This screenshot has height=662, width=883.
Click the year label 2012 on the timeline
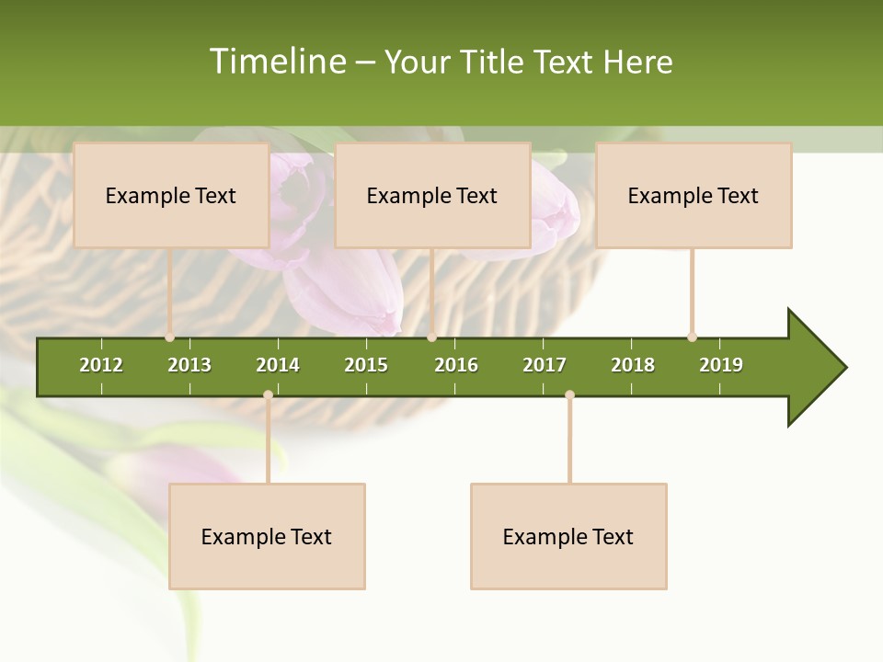click(101, 365)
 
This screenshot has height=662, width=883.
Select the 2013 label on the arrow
click(189, 365)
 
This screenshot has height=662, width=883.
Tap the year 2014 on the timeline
click(278, 365)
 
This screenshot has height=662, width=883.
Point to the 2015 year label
click(366, 365)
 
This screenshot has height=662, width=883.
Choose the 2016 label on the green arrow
click(456, 365)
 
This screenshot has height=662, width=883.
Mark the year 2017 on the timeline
click(545, 365)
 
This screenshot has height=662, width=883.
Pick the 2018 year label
click(633, 365)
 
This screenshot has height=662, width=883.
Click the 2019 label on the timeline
click(721, 365)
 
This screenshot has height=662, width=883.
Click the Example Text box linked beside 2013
click(171, 195)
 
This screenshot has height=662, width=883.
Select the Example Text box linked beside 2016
click(432, 195)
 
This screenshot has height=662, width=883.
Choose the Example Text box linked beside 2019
click(694, 195)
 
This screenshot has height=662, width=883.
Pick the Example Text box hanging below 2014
click(267, 536)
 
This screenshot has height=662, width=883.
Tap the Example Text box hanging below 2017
click(568, 536)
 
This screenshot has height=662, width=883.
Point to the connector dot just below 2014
click(268, 395)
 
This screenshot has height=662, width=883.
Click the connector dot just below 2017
click(569, 395)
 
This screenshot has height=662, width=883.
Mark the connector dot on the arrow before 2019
click(692, 337)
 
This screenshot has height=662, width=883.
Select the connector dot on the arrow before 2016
click(431, 337)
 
